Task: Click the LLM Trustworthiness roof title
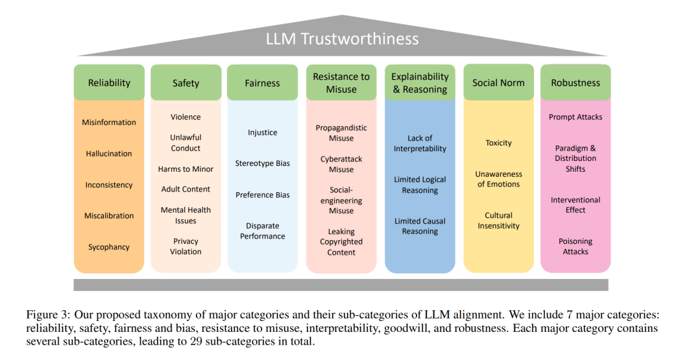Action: click(342, 39)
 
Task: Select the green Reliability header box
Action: click(109, 82)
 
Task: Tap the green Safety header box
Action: click(186, 82)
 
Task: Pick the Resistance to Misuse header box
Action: click(341, 82)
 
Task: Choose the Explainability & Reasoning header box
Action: click(420, 82)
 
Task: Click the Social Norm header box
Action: click(499, 82)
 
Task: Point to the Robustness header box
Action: click(575, 82)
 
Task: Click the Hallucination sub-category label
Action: click(109, 153)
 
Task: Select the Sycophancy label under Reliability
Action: click(109, 247)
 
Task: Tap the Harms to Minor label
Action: click(186, 169)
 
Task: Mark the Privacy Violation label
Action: click(186, 246)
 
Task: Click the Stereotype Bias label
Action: click(262, 163)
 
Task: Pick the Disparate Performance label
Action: click(262, 231)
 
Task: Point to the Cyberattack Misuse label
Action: click(341, 164)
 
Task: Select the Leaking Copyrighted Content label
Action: click(341, 242)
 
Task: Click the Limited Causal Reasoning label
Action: click(420, 226)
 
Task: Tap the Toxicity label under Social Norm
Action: click(499, 143)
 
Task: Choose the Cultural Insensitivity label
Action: click(499, 220)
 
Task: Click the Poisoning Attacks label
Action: click(575, 246)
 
